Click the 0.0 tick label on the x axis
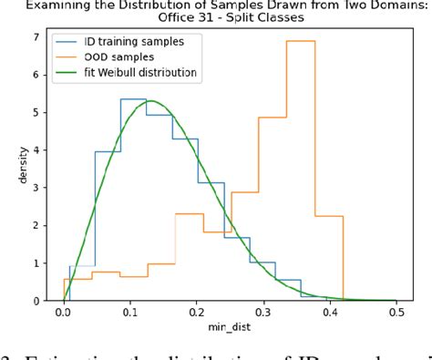click(x=63, y=311)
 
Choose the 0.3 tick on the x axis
click(x=263, y=311)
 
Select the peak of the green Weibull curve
click(x=149, y=101)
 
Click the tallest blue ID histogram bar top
click(x=133, y=98)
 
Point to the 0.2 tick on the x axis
click(x=196, y=311)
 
